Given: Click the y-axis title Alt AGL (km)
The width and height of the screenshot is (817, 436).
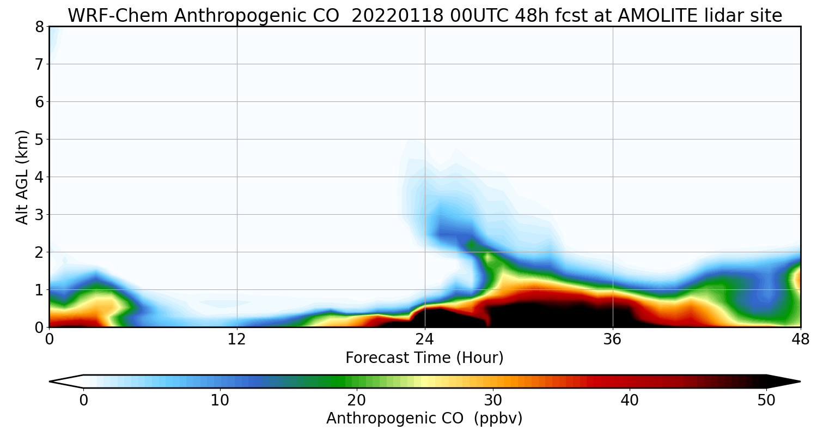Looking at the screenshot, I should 22,177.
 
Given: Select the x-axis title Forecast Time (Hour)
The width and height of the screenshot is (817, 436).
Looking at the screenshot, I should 424,358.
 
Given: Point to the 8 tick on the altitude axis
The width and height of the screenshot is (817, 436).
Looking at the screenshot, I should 39,27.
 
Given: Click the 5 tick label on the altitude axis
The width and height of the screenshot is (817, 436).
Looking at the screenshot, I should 39,140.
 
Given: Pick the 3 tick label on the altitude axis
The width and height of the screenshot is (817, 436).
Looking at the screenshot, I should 39,215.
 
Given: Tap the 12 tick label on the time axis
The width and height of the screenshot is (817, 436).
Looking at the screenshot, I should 237,340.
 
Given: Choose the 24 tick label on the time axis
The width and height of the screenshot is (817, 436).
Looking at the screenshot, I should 425,340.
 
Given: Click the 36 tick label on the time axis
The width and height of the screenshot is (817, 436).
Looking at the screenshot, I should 613,340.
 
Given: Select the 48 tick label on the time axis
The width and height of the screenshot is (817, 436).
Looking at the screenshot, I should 800,340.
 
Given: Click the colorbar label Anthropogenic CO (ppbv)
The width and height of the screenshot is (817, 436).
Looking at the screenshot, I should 424,419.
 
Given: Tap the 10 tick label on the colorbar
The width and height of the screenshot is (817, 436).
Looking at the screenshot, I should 220,400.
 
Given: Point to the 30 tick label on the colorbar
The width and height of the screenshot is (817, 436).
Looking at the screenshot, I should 493,400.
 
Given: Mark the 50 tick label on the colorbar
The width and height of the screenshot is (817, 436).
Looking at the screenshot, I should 766,400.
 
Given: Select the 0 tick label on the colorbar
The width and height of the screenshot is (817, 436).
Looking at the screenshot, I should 83,400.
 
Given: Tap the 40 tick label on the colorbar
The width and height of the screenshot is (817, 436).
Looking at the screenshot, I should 630,400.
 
